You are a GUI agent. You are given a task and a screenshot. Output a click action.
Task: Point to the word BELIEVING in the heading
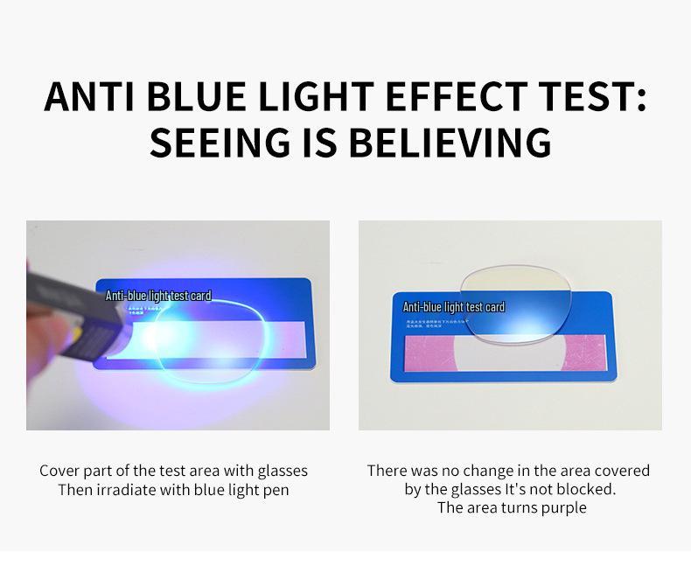click(450, 142)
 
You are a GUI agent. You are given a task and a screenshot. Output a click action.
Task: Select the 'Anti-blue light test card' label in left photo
click(158, 296)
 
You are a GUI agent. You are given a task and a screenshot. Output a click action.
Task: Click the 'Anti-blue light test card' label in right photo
click(453, 307)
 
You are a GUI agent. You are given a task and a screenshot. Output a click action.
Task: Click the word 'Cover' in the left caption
click(59, 471)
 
